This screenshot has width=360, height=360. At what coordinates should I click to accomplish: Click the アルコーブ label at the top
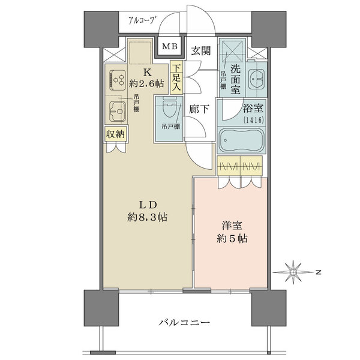(x=141, y=20)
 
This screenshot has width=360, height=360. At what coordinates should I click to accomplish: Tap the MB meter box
(x=170, y=47)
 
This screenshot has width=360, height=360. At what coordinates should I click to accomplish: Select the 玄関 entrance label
(x=201, y=51)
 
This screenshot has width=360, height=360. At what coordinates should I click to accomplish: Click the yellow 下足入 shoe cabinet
(x=176, y=77)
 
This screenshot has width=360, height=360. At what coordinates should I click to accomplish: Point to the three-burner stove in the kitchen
(x=118, y=80)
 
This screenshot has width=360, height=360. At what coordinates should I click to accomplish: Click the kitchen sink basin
(x=118, y=112)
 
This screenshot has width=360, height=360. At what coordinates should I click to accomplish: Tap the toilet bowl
(x=169, y=107)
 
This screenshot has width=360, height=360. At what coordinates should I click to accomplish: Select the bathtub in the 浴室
(x=241, y=140)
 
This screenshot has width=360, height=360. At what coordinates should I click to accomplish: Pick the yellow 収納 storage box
(x=116, y=134)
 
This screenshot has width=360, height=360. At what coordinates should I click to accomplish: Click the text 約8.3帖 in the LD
(x=147, y=217)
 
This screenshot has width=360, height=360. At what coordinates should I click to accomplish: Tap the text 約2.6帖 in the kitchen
(x=147, y=84)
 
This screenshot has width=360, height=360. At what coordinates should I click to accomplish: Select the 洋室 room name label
(x=232, y=226)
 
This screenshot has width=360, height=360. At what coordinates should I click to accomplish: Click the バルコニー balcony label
(x=185, y=323)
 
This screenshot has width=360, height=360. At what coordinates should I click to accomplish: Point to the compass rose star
(x=293, y=272)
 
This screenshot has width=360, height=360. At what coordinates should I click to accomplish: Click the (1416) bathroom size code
(x=253, y=120)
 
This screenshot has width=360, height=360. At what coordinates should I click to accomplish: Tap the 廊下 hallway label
(x=199, y=109)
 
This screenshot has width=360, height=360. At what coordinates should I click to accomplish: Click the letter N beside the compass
(x=318, y=272)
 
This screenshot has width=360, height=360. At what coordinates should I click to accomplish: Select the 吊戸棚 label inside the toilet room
(x=171, y=126)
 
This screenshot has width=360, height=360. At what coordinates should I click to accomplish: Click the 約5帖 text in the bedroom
(x=232, y=239)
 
